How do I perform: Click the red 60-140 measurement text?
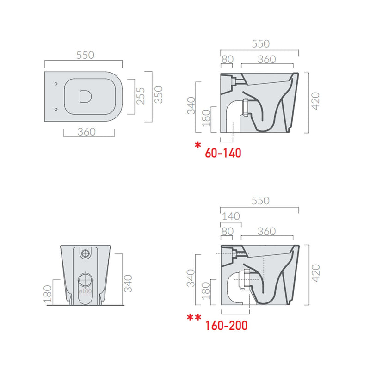click(x=223, y=153)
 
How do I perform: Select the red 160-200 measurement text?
click(x=226, y=326)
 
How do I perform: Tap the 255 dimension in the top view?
click(x=141, y=96)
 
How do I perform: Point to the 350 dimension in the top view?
click(x=159, y=95)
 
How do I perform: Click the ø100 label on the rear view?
click(x=85, y=291)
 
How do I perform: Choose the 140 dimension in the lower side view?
click(x=231, y=216)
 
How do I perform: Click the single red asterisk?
click(x=198, y=145)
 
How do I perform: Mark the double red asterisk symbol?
click(x=194, y=317)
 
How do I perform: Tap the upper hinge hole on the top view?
click(x=56, y=84)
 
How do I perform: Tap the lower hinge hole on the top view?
click(x=56, y=109)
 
